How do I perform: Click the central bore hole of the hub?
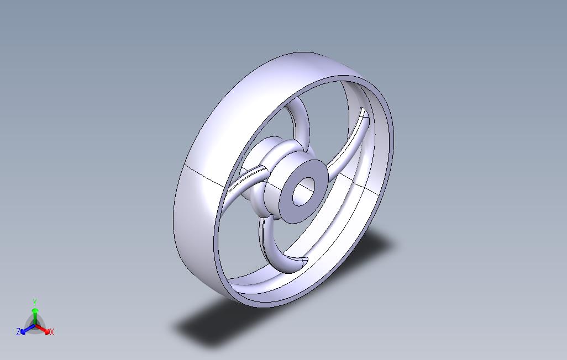[x=303, y=192]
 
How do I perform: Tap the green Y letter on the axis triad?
[x=35, y=302]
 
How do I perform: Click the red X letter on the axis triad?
[x=51, y=332]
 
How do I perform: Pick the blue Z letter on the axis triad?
[x=18, y=332]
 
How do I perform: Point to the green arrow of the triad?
[x=35, y=313]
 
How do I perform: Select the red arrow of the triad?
[x=45, y=330]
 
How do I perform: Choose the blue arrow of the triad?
[x=25, y=330]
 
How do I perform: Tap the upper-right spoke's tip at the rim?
[x=363, y=115]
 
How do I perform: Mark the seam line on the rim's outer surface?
[x=204, y=172]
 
